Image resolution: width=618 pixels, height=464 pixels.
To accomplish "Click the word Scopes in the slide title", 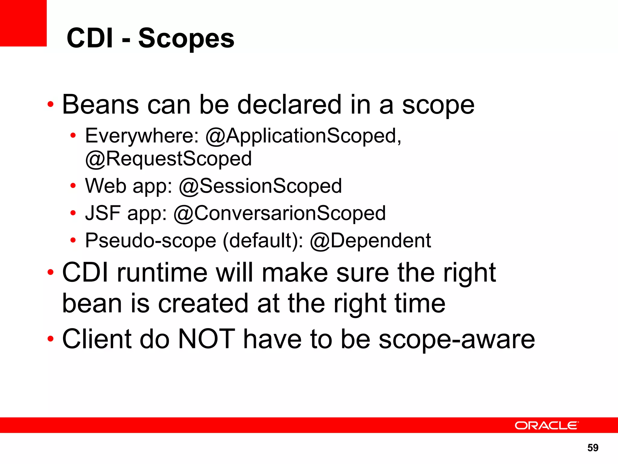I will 186,38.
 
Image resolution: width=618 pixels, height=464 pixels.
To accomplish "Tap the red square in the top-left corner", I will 23,23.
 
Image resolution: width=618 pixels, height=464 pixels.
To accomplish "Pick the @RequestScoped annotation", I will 168,159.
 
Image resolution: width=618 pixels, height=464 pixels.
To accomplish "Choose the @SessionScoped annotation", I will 260,186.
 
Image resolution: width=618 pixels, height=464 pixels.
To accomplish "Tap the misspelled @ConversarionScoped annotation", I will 279,213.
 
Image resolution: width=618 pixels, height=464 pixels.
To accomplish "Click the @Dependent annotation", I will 370,241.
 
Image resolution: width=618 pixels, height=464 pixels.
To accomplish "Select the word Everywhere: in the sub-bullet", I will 142,136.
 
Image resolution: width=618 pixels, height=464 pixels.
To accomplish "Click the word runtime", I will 162,273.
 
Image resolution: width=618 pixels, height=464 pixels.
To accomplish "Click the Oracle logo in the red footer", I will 546,425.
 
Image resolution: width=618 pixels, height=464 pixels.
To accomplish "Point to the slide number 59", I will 593,448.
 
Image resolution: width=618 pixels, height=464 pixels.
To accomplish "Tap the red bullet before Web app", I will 73,186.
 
